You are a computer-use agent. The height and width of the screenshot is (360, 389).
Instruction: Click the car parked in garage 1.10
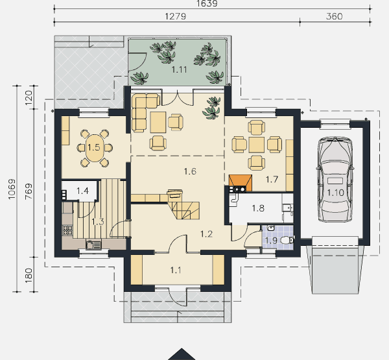(335, 179)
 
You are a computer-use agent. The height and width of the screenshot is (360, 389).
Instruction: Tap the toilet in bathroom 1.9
(287, 240)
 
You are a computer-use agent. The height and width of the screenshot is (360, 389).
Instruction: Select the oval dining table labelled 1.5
(94, 148)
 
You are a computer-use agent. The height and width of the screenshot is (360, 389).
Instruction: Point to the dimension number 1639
(207, 3)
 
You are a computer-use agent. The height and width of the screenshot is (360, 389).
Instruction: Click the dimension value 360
(334, 16)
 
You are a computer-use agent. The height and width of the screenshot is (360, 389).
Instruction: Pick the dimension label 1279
(176, 16)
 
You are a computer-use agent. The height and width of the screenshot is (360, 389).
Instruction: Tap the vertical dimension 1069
(12, 189)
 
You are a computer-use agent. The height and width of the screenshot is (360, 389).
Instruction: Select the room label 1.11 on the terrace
(179, 70)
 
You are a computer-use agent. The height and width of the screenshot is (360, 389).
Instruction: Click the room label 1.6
(190, 171)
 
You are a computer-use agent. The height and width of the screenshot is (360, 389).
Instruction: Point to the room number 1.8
(258, 208)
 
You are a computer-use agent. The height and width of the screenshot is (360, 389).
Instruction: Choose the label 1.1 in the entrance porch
(176, 270)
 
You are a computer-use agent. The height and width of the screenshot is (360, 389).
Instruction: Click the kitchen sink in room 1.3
(93, 245)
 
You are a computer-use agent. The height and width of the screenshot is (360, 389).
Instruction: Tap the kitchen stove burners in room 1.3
(67, 230)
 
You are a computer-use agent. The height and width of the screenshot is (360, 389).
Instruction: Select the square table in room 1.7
(257, 145)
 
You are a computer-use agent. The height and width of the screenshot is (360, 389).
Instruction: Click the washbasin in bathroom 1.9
(271, 228)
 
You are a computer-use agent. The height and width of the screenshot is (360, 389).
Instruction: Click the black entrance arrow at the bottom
(182, 354)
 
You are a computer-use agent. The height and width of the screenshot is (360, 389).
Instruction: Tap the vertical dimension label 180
(29, 275)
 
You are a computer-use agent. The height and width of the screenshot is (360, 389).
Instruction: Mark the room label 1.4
(82, 191)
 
